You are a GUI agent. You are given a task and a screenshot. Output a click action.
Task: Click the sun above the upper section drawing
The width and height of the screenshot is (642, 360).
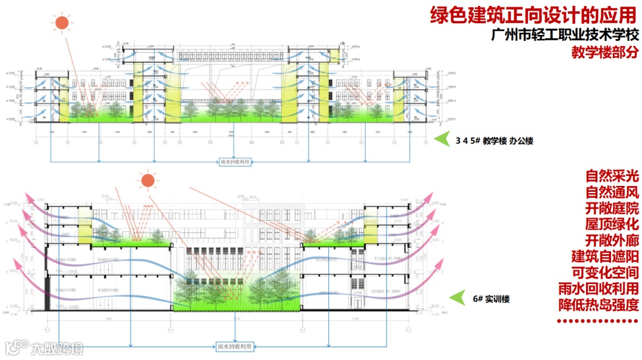(61, 23)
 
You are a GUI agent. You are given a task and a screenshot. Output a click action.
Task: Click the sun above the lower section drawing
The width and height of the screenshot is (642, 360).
(147, 180)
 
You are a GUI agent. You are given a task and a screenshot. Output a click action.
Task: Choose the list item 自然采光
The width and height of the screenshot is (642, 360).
(612, 176)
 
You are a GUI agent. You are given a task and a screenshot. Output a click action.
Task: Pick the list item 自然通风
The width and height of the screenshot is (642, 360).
(612, 192)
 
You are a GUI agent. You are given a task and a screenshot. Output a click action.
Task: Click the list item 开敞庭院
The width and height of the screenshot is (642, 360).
(612, 209)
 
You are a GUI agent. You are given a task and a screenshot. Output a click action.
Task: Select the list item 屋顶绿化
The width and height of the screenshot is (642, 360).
(612, 225)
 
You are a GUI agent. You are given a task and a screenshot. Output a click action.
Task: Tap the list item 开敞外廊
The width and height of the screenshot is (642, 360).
(612, 241)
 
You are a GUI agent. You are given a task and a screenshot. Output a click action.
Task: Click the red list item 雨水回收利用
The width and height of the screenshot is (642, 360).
(599, 289)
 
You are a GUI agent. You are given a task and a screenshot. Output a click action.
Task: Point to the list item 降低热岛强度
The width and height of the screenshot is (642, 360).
(599, 305)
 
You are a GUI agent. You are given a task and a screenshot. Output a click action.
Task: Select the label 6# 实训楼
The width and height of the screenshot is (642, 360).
(492, 299)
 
